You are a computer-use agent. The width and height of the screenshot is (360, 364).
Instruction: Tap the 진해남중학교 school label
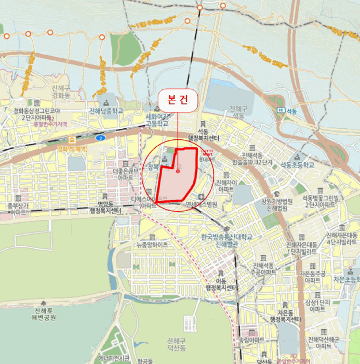pos(106,111)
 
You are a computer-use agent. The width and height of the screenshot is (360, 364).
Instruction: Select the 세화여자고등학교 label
pos(156,121)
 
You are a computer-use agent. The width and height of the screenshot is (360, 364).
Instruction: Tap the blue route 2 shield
pos(99,138)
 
